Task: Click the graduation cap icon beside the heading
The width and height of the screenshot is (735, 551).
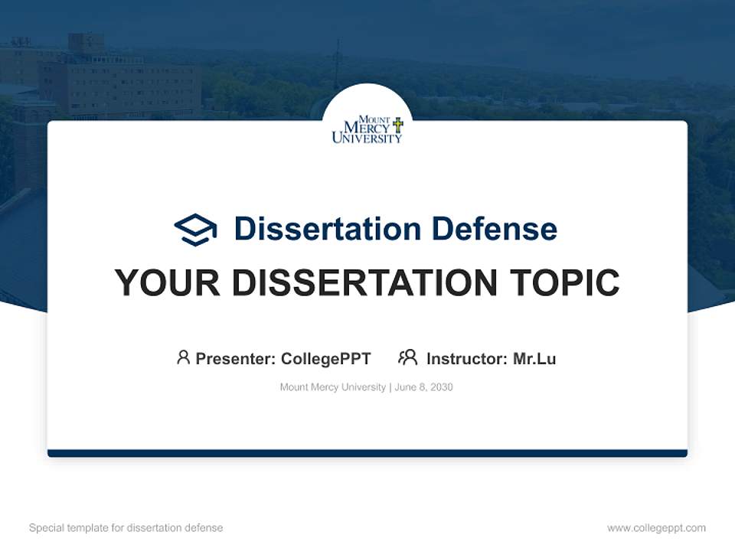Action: click(195, 230)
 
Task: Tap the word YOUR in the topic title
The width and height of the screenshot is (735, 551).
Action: click(167, 283)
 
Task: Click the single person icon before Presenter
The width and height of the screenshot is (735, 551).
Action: click(183, 357)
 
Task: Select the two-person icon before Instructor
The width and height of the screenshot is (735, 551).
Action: click(407, 357)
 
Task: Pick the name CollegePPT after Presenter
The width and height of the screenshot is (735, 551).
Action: click(325, 359)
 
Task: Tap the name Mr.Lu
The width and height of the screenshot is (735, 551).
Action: click(534, 359)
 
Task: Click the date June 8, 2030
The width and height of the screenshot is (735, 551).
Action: click(424, 387)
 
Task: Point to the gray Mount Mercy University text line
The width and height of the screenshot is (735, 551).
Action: click(332, 387)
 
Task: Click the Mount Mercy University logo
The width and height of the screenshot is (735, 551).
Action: click(367, 130)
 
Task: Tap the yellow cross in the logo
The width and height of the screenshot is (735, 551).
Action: click(397, 124)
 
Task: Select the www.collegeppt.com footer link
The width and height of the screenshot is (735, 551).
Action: click(656, 528)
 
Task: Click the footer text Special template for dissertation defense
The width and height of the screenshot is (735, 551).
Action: click(126, 528)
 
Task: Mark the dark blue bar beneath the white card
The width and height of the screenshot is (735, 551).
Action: click(367, 453)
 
